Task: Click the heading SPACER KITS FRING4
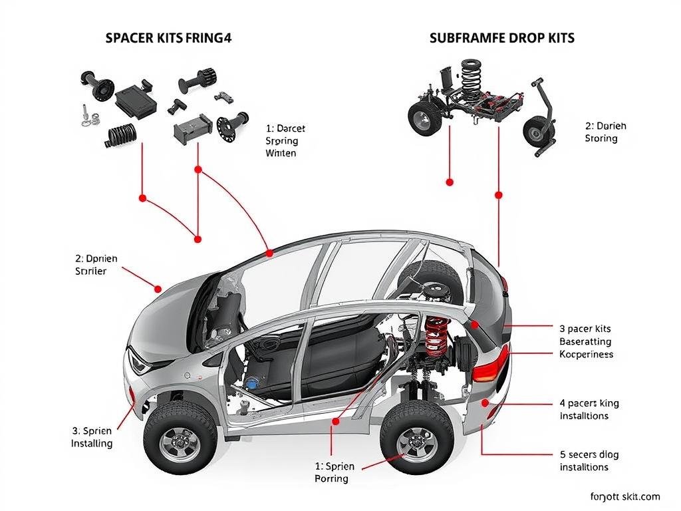(168, 38)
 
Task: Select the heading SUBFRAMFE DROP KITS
(502, 38)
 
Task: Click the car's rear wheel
(416, 438)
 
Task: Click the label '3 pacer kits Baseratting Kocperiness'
(585, 341)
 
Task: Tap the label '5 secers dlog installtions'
(589, 460)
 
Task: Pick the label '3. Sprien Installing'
(92, 436)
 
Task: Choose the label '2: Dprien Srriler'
(90, 264)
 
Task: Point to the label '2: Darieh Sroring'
(605, 132)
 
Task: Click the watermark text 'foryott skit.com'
(624, 496)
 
